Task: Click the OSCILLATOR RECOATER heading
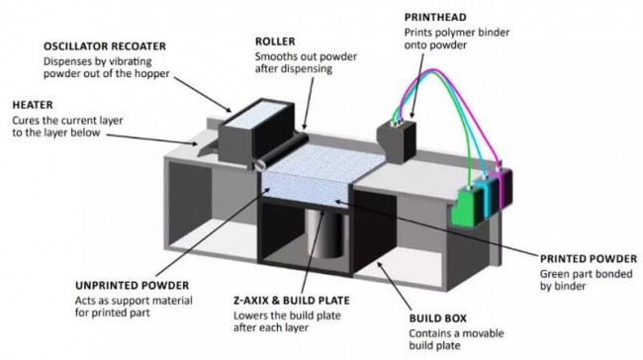point(105,45)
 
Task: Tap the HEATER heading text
point(33,105)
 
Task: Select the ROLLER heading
point(275,42)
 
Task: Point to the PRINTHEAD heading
point(435,17)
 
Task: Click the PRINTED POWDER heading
point(589,259)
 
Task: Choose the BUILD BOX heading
point(437,318)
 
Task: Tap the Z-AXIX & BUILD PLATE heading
point(292,301)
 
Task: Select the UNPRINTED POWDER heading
point(132,286)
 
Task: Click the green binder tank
point(468,207)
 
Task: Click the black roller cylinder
point(281,150)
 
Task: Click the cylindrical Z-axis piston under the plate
point(326,234)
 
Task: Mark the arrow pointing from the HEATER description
point(151,139)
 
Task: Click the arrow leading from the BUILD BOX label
point(394,286)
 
